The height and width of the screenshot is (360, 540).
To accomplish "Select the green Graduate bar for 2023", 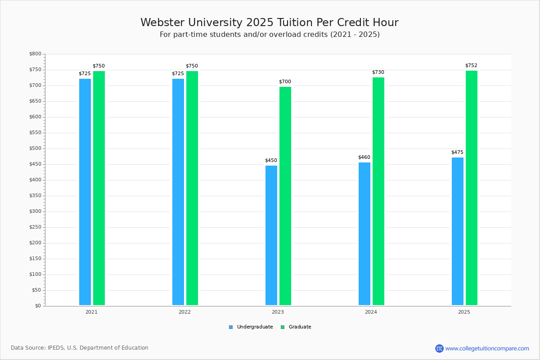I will click(x=285, y=196).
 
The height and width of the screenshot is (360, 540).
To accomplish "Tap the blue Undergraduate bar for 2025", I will click(x=458, y=231).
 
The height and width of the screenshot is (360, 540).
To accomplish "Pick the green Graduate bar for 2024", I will click(x=378, y=191).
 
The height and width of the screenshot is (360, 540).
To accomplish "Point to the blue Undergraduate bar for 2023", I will click(x=271, y=235).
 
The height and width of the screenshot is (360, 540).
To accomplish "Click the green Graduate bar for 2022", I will click(x=192, y=188).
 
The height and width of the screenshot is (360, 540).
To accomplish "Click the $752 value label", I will click(x=471, y=66).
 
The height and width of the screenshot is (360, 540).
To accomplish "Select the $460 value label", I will click(x=364, y=157).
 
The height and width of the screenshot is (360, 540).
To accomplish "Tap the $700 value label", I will click(x=285, y=82).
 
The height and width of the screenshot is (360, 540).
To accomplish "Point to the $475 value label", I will click(x=457, y=153).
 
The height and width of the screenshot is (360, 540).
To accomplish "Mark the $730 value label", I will click(x=378, y=72).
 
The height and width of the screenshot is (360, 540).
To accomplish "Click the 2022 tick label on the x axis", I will click(x=184, y=312).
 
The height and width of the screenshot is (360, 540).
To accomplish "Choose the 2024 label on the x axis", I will click(x=371, y=312).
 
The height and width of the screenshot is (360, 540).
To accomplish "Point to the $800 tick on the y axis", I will click(x=35, y=54).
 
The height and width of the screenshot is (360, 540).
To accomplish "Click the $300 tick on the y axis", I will click(x=35, y=211).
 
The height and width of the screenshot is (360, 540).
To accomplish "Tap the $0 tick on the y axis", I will click(x=38, y=306).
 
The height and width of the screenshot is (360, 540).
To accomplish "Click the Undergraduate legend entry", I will click(x=255, y=327).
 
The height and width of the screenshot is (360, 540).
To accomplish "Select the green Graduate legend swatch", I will click(x=283, y=327).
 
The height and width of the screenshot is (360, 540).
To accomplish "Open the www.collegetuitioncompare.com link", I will click(x=487, y=348).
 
